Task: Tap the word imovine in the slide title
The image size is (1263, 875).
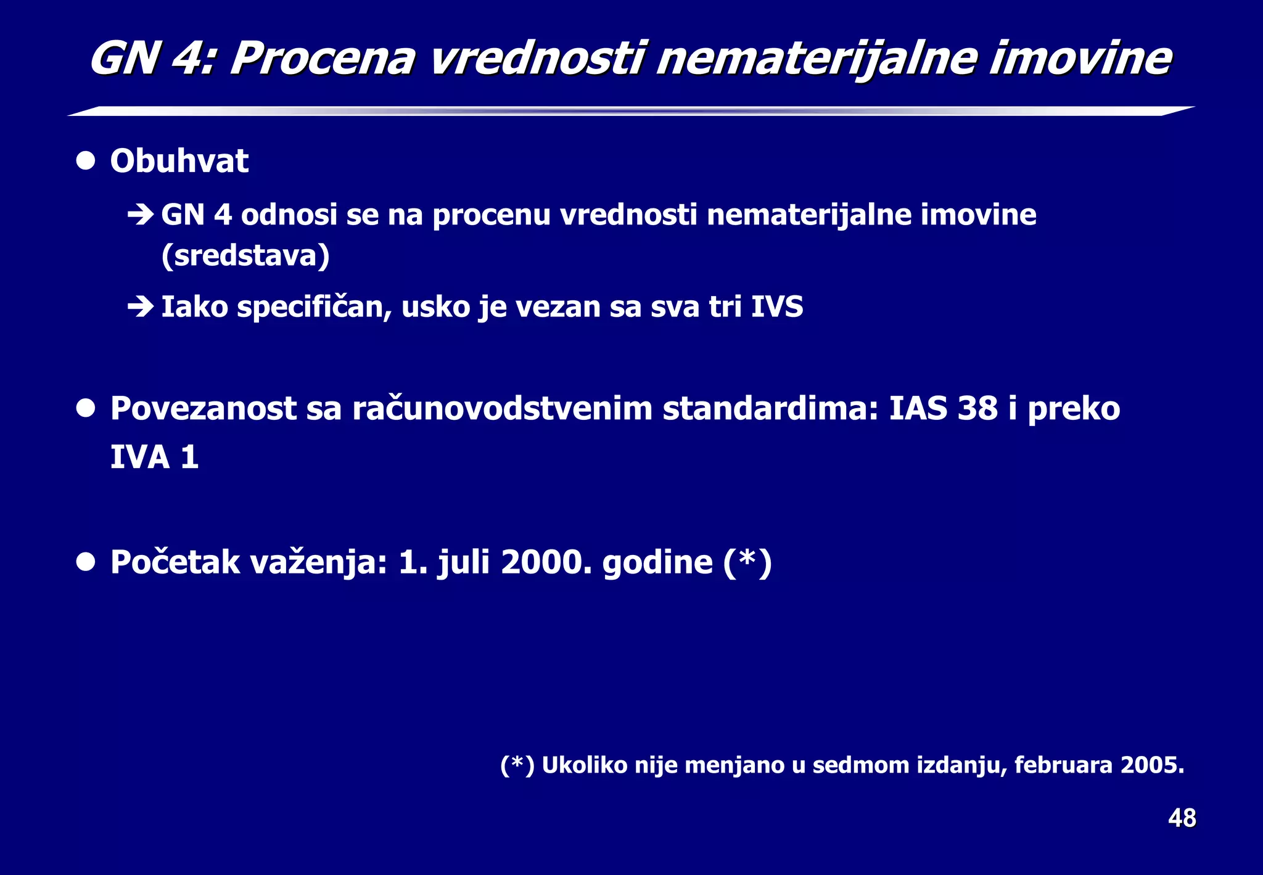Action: coord(1080,59)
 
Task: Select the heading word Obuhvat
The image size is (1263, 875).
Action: coord(179,161)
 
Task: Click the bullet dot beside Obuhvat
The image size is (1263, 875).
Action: coord(86,161)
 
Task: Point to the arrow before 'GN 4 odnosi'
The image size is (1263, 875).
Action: coord(141,215)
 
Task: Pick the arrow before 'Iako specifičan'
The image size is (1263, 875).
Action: coord(141,306)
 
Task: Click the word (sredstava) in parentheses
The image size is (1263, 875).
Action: coord(245,255)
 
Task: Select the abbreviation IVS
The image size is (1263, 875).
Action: coord(777,306)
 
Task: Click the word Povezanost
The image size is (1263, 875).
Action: coord(203,408)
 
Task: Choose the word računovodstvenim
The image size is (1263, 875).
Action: coord(502,408)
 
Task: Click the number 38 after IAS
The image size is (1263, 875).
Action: coord(977,408)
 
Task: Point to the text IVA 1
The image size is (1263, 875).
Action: coord(154,457)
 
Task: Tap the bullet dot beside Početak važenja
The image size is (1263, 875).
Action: coord(86,562)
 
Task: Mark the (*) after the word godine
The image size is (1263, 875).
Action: coord(747,562)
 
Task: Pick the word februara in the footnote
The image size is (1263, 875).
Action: coord(1063,765)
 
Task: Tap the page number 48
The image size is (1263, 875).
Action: coord(1182,818)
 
